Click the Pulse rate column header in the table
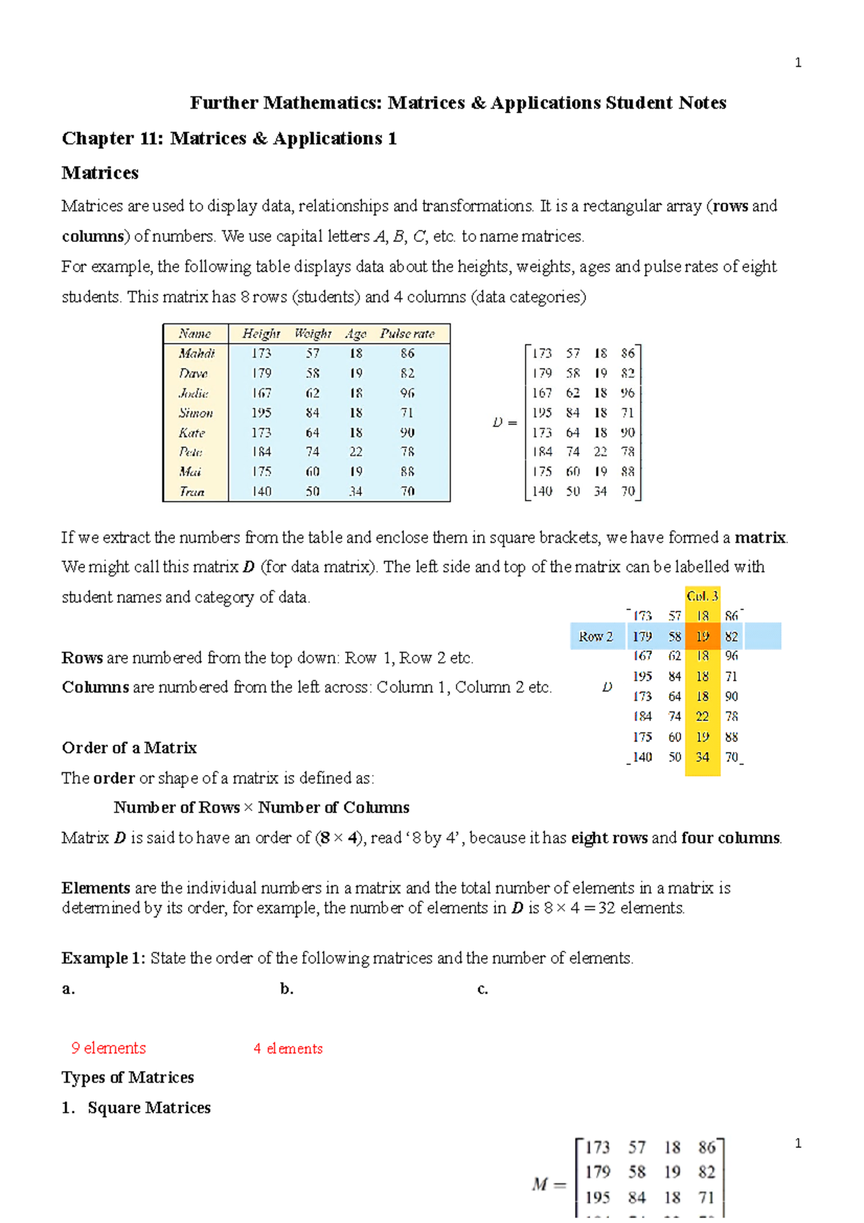click(408, 333)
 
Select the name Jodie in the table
click(194, 393)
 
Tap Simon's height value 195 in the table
click(261, 413)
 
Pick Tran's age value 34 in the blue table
click(356, 491)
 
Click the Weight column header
click(312, 333)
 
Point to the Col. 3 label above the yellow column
click(702, 596)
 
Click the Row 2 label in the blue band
click(596, 637)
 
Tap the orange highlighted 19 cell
click(703, 637)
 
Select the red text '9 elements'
click(108, 1048)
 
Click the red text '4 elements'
click(288, 1049)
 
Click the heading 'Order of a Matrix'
click(130, 748)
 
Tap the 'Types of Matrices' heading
click(128, 1078)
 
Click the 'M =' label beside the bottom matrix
click(549, 1184)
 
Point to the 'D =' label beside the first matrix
click(505, 423)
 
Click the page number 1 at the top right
click(798, 63)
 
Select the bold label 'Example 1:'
click(104, 958)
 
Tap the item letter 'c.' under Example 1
click(482, 989)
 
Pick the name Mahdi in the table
click(197, 354)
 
